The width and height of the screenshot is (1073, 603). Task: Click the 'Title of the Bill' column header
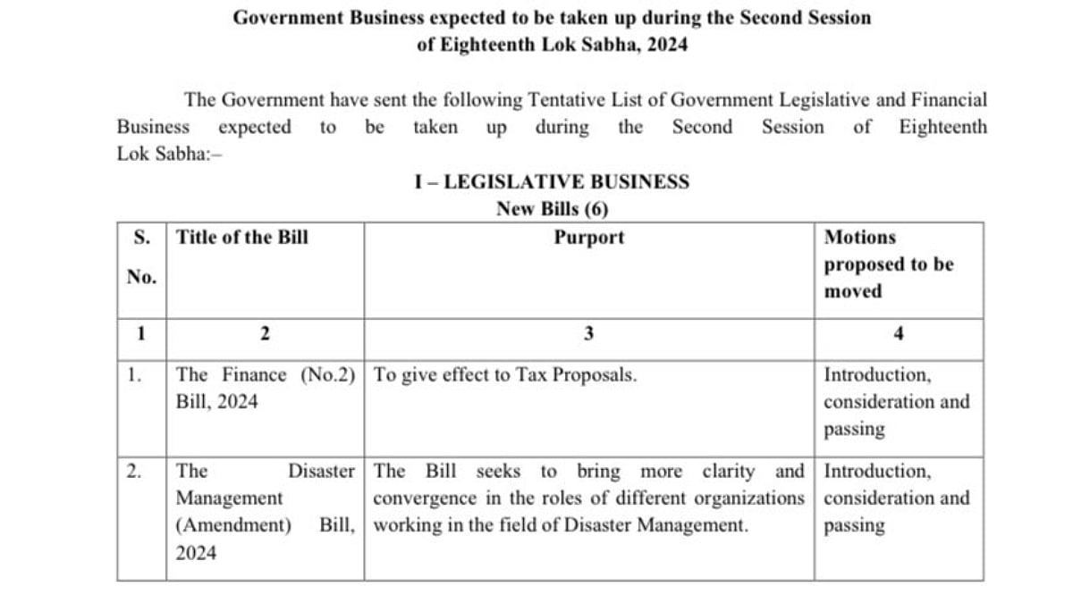[242, 238]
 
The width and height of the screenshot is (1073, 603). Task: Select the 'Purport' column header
[588, 238]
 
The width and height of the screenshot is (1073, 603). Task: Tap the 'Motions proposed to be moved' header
[888, 264]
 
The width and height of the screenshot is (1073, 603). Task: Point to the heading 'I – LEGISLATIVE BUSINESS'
[552, 182]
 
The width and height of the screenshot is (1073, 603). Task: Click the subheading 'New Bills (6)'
[552, 210]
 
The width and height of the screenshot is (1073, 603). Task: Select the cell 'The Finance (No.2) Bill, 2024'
[265, 389]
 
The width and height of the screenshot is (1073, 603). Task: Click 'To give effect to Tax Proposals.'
[505, 375]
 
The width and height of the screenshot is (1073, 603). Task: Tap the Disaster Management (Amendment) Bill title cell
[265, 512]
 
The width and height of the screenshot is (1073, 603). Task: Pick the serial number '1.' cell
[134, 375]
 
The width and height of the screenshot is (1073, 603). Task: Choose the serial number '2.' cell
[134, 471]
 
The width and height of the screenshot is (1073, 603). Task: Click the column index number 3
[588, 334]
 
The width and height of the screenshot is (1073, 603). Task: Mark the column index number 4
[899, 334]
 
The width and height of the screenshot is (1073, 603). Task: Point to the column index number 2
[265, 334]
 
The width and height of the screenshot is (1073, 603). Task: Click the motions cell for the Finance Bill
[896, 402]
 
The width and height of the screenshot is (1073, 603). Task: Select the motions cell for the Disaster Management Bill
[896, 498]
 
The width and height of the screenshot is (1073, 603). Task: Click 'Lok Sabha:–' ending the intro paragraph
[161, 154]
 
